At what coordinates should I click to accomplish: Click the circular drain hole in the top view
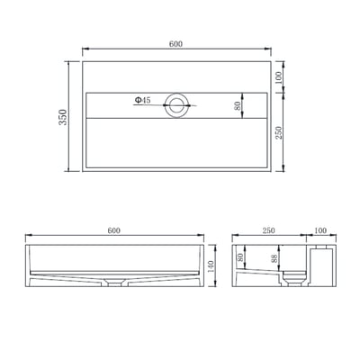pyautogui.click(x=176, y=107)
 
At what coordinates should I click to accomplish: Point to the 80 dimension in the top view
pyautogui.click(x=237, y=105)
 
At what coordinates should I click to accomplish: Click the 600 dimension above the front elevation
pyautogui.click(x=113, y=231)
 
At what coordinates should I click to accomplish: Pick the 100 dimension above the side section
pyautogui.click(x=319, y=231)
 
